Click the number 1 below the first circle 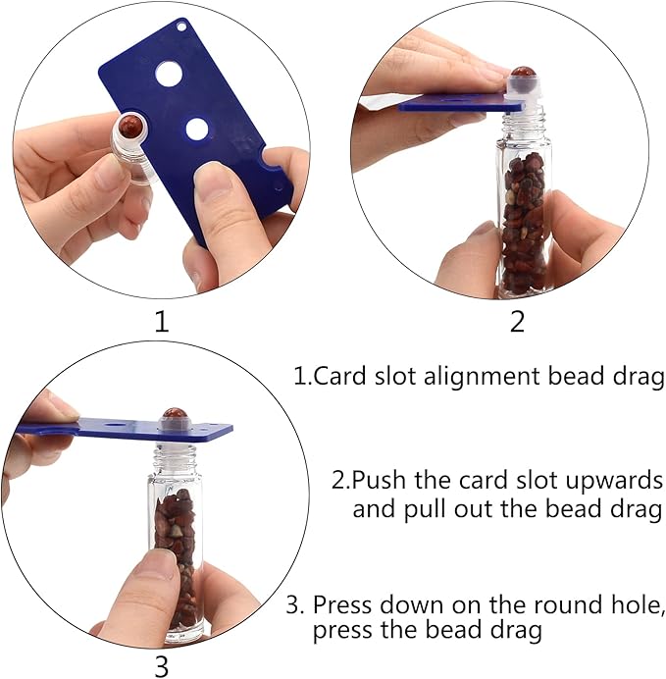pos(162,322)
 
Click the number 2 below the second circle pos(517,322)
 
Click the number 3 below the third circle pos(162,667)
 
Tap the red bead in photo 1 pos(131,126)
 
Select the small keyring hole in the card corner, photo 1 pos(180,26)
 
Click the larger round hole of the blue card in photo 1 pos(170,73)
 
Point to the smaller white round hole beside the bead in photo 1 pos(197,129)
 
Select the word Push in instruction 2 pos(379,480)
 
